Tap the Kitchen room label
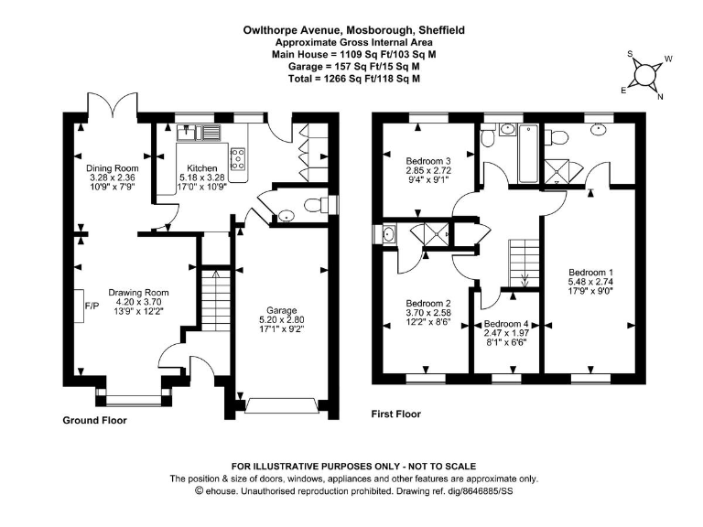(x=201, y=168)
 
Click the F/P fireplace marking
(x=91, y=305)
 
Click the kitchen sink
(x=202, y=133)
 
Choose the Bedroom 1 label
(x=590, y=272)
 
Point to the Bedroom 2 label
(x=427, y=303)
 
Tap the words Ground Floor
(x=94, y=421)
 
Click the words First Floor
(x=395, y=414)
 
